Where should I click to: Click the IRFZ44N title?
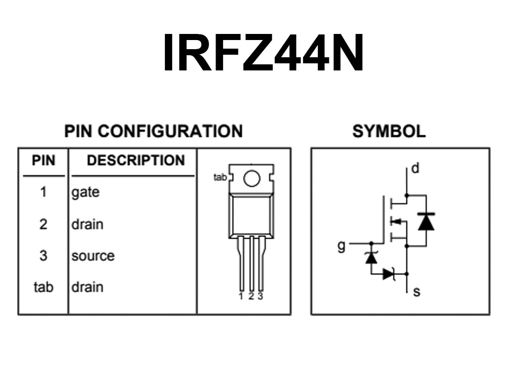tap(264, 52)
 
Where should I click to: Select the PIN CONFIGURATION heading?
tap(153, 131)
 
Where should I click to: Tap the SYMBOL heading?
tap(389, 131)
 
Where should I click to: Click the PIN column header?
tap(44, 160)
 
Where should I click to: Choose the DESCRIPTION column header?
tap(136, 160)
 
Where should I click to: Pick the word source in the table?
tap(93, 256)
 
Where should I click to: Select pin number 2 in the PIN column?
tap(43, 224)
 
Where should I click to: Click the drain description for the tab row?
tap(88, 287)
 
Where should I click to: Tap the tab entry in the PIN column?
tap(43, 287)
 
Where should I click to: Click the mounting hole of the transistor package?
tap(251, 178)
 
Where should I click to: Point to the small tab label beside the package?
tap(220, 177)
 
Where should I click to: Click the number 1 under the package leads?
tap(241, 296)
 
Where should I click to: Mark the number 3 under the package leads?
tap(261, 296)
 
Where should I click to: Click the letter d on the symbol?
tap(415, 168)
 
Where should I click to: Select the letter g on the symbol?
tap(341, 246)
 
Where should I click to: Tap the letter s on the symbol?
tap(416, 292)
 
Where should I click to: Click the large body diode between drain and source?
tap(426, 221)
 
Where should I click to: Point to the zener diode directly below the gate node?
tap(371, 257)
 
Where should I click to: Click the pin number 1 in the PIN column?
tap(43, 192)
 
